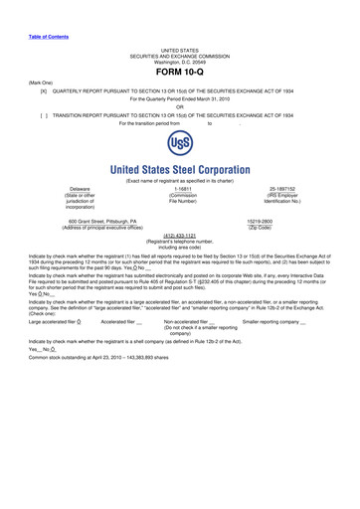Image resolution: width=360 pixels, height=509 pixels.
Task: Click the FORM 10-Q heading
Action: point(180,74)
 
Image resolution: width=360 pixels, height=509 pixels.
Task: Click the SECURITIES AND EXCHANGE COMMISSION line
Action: point(180,54)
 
